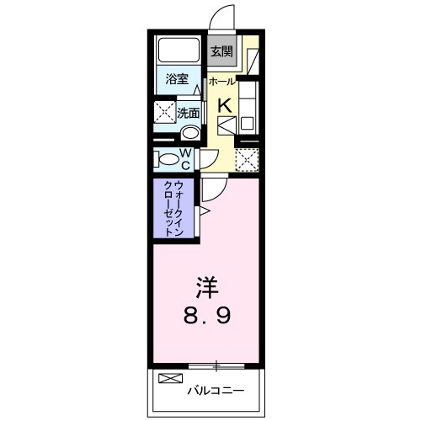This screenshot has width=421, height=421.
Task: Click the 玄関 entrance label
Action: [221, 51]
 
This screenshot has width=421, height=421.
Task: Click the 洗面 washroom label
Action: [188, 112]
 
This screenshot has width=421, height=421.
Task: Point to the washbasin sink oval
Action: [190, 132]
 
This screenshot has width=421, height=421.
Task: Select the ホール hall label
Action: [221, 81]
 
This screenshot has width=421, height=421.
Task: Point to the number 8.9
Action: [209, 316]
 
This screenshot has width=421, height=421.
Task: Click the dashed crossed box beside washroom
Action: [163, 112]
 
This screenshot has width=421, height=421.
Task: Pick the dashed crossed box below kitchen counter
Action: [247, 158]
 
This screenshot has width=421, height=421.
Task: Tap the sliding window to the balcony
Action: [216, 365]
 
